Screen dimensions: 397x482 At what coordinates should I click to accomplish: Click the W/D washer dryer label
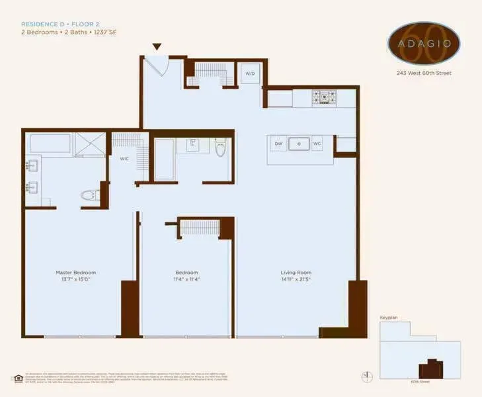pyautogui.click(x=250, y=73)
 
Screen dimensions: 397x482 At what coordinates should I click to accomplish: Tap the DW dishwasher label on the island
pyautogui.click(x=278, y=144)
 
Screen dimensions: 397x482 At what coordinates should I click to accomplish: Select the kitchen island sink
pyautogui.click(x=299, y=144)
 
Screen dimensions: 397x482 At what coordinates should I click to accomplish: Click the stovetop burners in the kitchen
pyautogui.click(x=324, y=98)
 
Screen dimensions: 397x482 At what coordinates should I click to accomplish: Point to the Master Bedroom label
pyautogui.click(x=75, y=273)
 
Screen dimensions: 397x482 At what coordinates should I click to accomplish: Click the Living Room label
pyautogui.click(x=296, y=273)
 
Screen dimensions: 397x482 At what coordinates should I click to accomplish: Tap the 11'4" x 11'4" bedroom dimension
pyautogui.click(x=186, y=280)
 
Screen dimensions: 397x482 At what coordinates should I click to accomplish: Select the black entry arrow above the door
pyautogui.click(x=157, y=47)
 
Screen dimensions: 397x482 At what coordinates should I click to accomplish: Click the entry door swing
pyautogui.click(x=156, y=66)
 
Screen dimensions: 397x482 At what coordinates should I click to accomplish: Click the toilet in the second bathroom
pyautogui.click(x=221, y=149)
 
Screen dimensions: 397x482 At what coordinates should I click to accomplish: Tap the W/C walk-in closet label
pyautogui.click(x=124, y=159)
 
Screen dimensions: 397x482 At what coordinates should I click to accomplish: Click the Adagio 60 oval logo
pyautogui.click(x=424, y=43)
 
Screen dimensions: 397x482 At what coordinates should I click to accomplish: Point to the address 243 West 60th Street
pyautogui.click(x=424, y=73)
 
